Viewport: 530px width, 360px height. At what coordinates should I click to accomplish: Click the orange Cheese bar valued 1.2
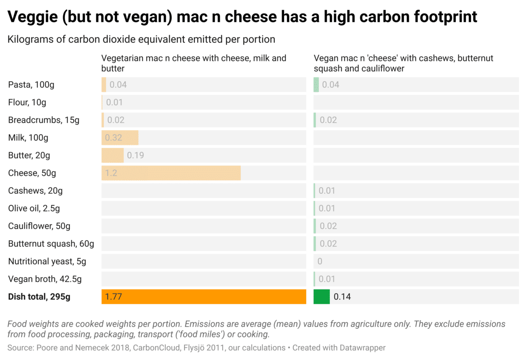click(171, 173)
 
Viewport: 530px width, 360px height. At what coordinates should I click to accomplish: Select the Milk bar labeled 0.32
click(120, 138)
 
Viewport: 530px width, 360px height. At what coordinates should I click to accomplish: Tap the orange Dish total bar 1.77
click(204, 297)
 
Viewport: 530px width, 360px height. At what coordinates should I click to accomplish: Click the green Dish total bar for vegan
click(322, 297)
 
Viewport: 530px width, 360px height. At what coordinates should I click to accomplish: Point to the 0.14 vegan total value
click(342, 297)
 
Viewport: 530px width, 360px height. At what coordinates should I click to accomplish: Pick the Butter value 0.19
click(135, 155)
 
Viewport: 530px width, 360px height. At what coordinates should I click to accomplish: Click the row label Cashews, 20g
click(35, 191)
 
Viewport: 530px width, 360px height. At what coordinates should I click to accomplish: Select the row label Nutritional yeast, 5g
click(47, 261)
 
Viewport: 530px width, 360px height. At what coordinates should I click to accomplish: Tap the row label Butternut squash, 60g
click(51, 244)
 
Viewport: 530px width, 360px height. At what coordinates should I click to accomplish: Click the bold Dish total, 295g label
click(39, 297)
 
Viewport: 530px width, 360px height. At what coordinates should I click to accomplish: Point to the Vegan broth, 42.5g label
click(45, 279)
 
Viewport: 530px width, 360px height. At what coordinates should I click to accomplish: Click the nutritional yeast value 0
click(320, 261)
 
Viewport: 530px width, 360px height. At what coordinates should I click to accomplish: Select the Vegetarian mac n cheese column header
click(193, 63)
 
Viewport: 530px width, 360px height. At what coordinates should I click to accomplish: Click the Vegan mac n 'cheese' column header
click(403, 63)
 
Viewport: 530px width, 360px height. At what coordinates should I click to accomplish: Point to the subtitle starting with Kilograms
click(141, 39)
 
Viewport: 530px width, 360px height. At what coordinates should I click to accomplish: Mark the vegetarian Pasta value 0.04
click(118, 85)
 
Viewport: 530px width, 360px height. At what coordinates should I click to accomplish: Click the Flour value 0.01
click(114, 102)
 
